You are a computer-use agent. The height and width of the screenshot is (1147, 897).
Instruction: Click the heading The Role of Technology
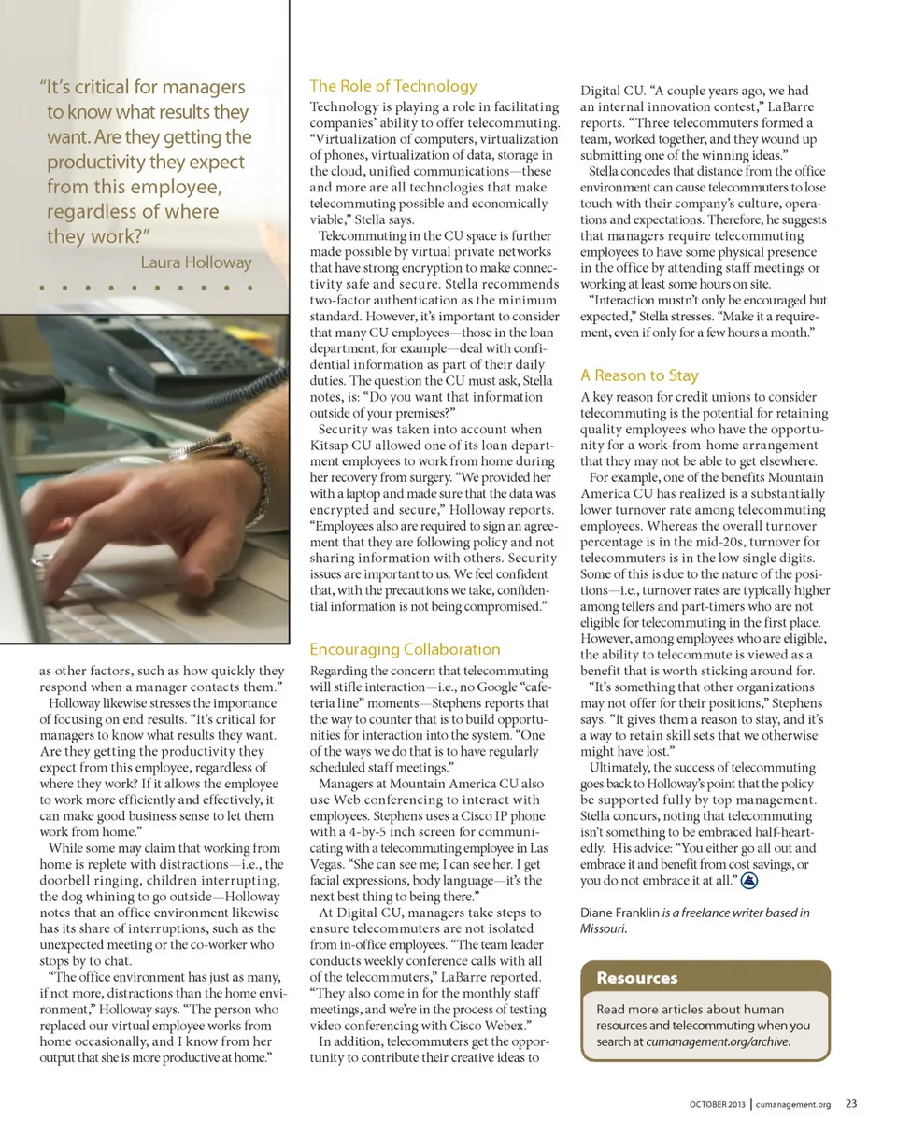point(393,86)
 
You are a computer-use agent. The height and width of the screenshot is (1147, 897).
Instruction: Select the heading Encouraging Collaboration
point(405,649)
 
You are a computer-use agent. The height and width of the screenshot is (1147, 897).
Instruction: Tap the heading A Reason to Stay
point(639,375)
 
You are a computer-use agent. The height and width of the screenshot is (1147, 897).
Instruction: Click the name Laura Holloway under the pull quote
point(195,262)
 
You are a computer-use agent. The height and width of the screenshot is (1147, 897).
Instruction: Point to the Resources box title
point(637,978)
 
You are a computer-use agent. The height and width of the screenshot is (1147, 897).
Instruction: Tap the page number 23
point(851,1103)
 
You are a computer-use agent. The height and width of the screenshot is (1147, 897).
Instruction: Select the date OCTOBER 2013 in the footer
point(718,1104)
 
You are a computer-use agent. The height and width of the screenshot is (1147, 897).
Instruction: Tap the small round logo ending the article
point(750,881)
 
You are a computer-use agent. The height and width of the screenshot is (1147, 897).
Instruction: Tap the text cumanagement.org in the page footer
point(793,1104)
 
